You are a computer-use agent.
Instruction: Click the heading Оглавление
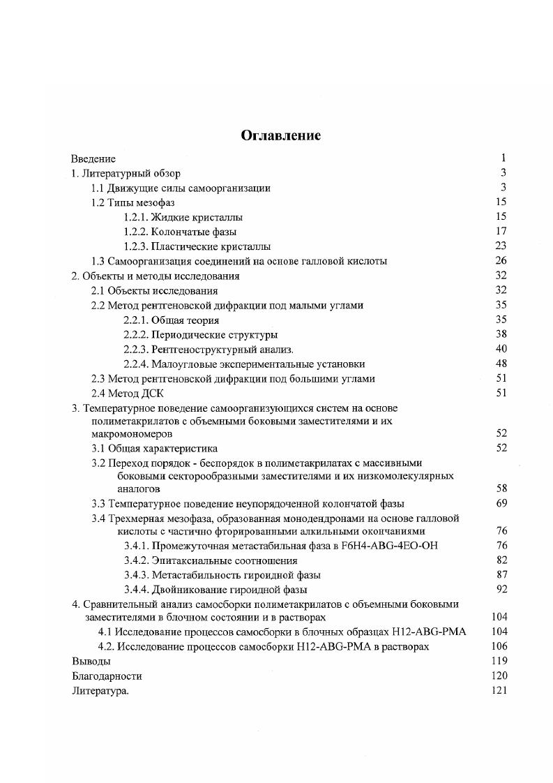[x=280, y=135]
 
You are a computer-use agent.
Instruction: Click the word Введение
[x=93, y=158]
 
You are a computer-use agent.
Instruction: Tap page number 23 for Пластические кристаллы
[x=500, y=246]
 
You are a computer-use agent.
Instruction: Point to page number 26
[x=500, y=261]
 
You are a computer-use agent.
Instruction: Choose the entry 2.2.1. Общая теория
[x=171, y=320]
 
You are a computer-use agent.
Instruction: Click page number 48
[x=500, y=364]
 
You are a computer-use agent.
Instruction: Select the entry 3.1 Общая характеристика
[x=155, y=448]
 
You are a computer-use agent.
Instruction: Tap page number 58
[x=500, y=489]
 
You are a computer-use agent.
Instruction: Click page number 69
[x=500, y=503]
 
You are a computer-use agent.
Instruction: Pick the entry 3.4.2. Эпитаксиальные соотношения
[x=211, y=560]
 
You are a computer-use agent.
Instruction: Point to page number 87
[x=500, y=574]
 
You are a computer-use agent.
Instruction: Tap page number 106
[x=499, y=646]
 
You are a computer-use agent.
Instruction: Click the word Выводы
[x=91, y=661]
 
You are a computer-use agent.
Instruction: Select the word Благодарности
[x=107, y=676]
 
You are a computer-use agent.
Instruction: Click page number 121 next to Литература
[x=499, y=690]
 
